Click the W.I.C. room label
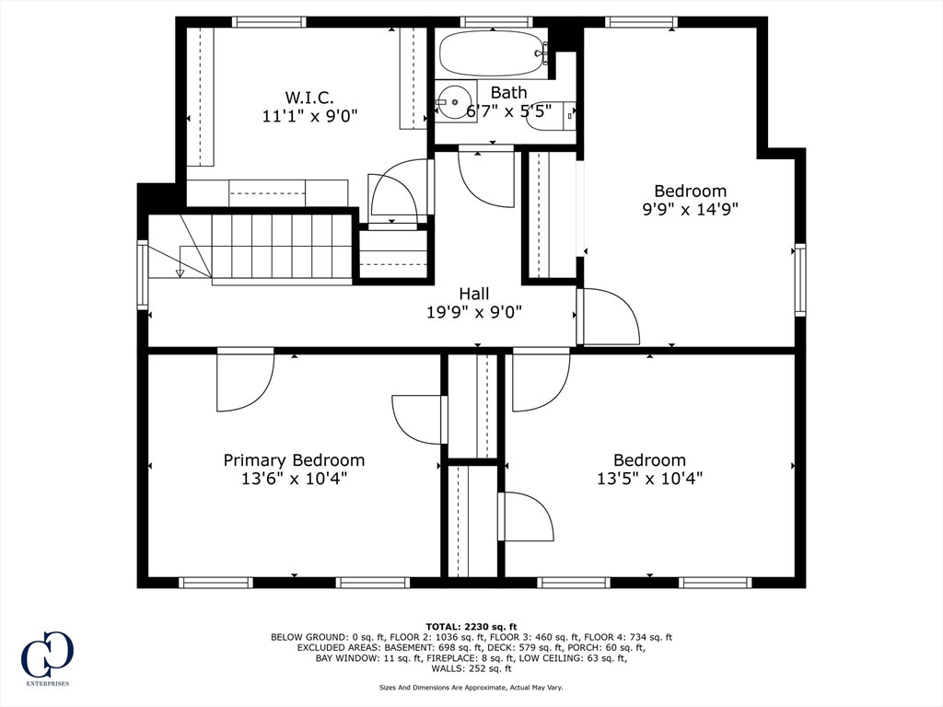[x=309, y=97]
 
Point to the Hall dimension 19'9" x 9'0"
[x=474, y=313]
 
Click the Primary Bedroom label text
[x=294, y=460]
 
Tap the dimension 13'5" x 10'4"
[x=649, y=479]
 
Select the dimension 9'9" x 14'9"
[x=691, y=210]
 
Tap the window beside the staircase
[x=143, y=274]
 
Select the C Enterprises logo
[x=47, y=657]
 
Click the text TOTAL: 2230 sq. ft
[x=471, y=626]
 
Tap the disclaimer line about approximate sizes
[x=471, y=687]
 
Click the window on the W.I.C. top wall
[x=269, y=22]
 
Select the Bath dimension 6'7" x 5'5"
[x=509, y=111]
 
